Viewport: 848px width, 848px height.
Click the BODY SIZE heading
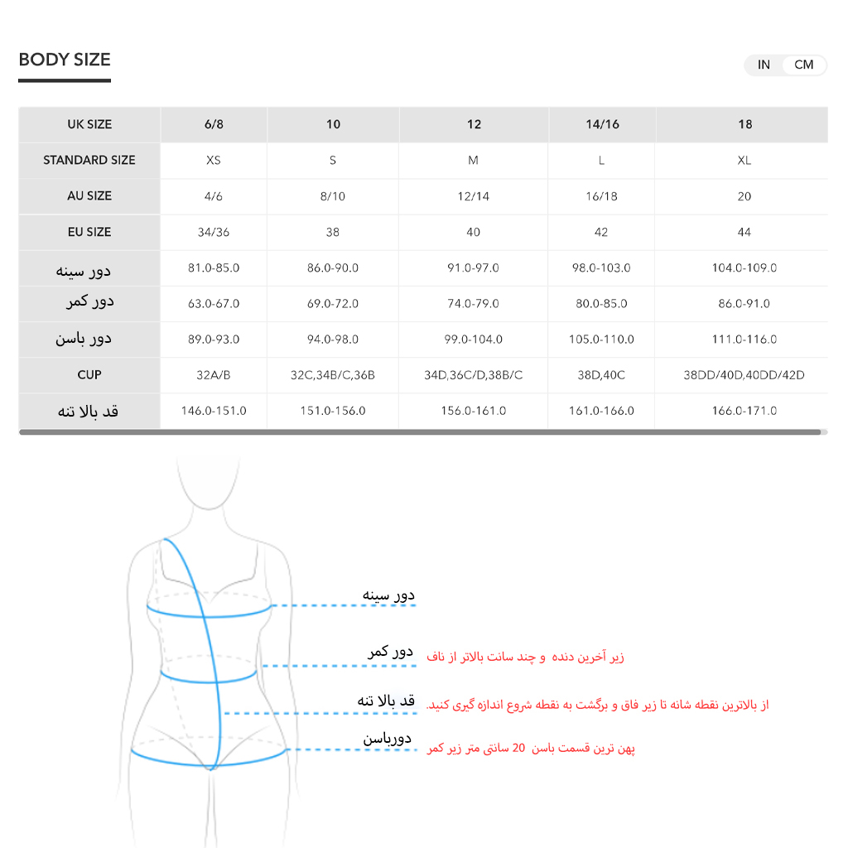pos(65,60)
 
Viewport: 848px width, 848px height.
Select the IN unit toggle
pos(764,65)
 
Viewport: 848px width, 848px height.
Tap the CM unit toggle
pos(803,65)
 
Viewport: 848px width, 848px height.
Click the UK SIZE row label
pos(89,124)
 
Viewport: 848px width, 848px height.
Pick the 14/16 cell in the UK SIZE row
pos(602,124)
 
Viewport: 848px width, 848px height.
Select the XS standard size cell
pos(214,160)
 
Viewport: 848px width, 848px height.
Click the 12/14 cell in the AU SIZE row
pos(473,196)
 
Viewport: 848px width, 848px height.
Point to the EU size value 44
pos(744,232)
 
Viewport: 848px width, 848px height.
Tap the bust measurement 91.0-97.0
pos(473,268)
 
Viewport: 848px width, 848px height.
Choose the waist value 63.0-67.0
pos(214,304)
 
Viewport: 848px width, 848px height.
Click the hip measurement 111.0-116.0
pos(744,340)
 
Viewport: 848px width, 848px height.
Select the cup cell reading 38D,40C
pos(601,375)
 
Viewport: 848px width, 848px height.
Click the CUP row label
pos(89,375)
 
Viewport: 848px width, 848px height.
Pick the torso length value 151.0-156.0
pos(333,411)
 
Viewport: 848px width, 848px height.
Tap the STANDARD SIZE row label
pos(89,160)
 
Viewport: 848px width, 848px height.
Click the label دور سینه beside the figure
pos(388,595)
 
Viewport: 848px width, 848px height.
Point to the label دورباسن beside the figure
pos(387,738)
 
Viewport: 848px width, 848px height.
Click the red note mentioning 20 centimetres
pos(531,749)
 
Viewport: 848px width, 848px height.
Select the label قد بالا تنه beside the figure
pos(386,701)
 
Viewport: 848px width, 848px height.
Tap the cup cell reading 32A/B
pos(214,375)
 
